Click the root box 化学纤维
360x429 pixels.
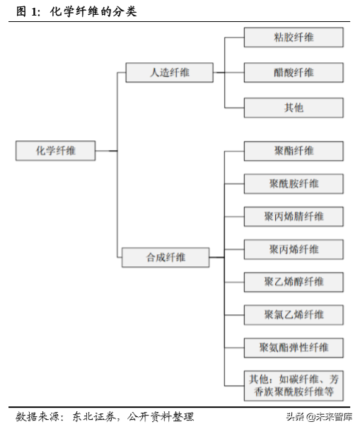[x=55, y=151]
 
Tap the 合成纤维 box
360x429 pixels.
[x=166, y=257]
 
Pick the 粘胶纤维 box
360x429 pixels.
[x=294, y=38]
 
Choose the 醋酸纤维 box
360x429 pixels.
[x=294, y=72]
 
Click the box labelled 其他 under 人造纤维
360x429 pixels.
[x=294, y=108]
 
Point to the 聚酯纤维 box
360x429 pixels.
[x=294, y=151]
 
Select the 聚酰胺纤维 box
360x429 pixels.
[x=294, y=184]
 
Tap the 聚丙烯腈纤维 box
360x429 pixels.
[x=294, y=216]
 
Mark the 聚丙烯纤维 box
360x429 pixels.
[x=294, y=249]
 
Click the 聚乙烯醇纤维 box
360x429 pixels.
[x=294, y=282]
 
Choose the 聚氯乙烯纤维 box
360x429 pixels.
[x=294, y=314]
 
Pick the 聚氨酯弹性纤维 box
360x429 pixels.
[x=294, y=348]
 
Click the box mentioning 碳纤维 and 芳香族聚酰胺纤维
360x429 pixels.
[x=294, y=384]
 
